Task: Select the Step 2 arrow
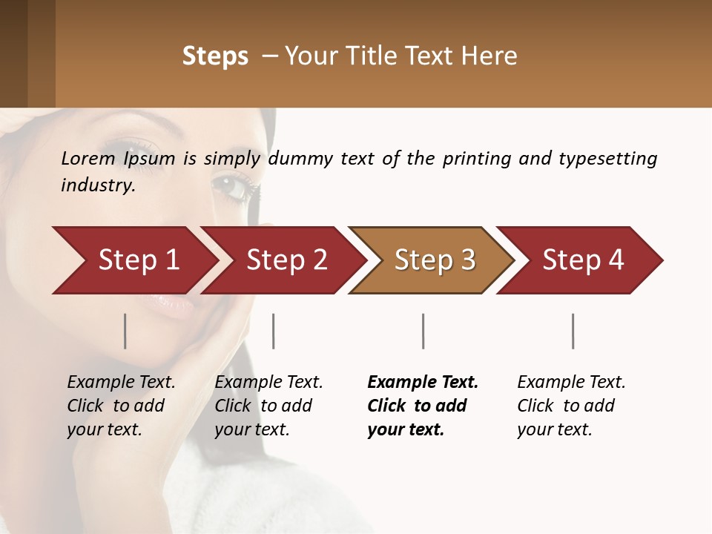(x=286, y=260)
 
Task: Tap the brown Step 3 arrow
(x=435, y=260)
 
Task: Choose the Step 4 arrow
(x=583, y=260)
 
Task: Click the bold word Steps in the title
(x=215, y=56)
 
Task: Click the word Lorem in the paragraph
(x=88, y=159)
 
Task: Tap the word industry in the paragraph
(x=98, y=185)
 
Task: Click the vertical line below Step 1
(x=125, y=331)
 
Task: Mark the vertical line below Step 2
(x=274, y=331)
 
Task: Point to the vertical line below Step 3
(x=423, y=331)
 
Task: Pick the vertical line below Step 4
(x=573, y=331)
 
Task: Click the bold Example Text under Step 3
(x=423, y=383)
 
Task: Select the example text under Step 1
(x=121, y=406)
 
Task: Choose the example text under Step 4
(x=571, y=406)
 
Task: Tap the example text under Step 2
(x=268, y=406)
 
